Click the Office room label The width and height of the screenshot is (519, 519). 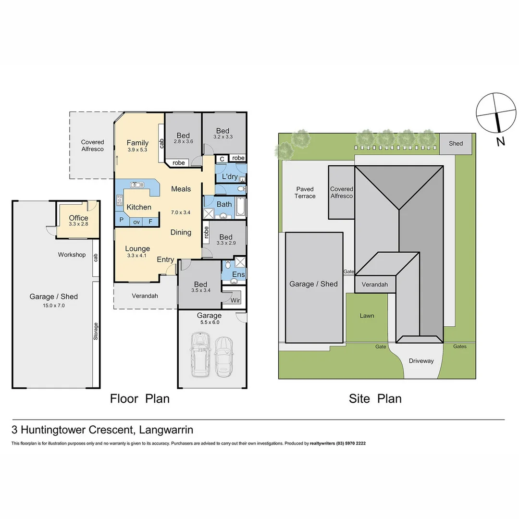point(78,218)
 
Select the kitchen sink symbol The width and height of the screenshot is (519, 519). point(137,185)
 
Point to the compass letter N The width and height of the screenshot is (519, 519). point(501,141)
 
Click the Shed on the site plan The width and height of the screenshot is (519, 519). point(456,144)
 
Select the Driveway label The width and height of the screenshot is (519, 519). point(421,361)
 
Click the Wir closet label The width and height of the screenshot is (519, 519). point(235,301)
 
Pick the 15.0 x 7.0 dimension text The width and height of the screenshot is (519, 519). point(53,305)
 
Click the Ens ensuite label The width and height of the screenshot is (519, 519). point(238,274)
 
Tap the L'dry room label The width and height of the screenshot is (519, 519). point(230,177)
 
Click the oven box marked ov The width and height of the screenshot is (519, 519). point(136,222)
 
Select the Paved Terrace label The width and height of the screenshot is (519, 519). point(305,193)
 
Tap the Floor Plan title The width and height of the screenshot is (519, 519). point(139,398)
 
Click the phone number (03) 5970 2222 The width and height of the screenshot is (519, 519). point(351,444)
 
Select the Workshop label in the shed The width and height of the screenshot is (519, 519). point(72,255)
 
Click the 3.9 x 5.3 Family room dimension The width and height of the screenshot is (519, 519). point(137,150)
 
